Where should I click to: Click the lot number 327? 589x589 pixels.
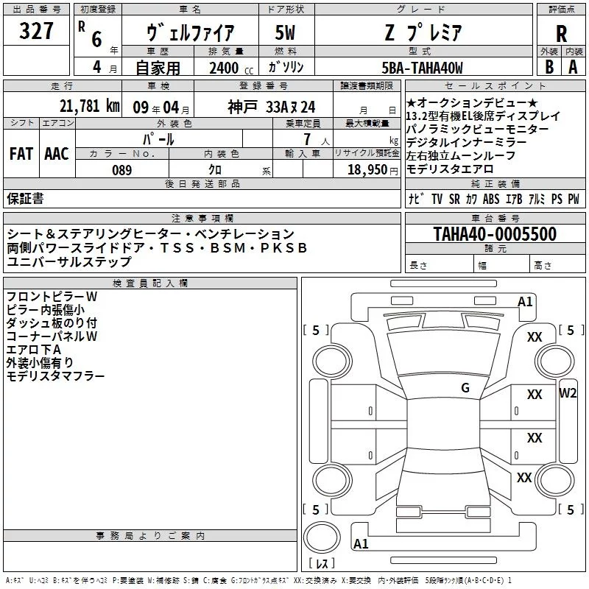(x=36, y=32)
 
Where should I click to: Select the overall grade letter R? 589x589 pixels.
(x=561, y=33)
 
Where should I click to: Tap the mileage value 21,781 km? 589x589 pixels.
(x=89, y=106)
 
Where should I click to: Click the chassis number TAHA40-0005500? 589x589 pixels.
(x=495, y=234)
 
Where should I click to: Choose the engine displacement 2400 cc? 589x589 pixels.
(x=230, y=68)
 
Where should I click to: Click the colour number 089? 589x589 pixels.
(x=121, y=170)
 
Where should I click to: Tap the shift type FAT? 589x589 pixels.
(x=21, y=153)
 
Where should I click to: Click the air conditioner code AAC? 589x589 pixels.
(x=57, y=153)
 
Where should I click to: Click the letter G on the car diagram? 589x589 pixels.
(x=465, y=388)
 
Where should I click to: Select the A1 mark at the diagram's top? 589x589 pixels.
(x=525, y=301)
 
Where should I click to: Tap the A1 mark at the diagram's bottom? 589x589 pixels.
(x=361, y=543)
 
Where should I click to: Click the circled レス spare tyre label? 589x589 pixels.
(x=321, y=564)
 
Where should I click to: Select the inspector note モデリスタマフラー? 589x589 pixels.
(x=55, y=376)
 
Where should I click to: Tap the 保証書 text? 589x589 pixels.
(x=25, y=198)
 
